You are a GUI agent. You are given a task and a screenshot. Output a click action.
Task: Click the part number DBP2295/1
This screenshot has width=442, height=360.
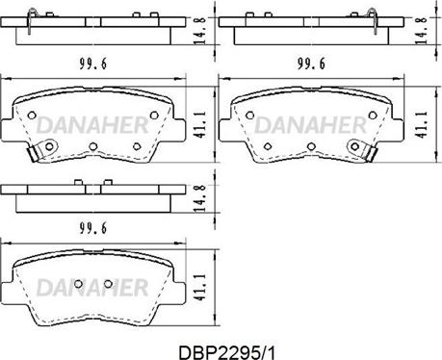[x=226, y=352]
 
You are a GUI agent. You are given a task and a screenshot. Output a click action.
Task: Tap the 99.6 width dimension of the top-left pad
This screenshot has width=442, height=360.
[x=92, y=64]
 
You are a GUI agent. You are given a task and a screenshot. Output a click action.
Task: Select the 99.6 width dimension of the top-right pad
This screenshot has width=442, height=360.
[x=311, y=64]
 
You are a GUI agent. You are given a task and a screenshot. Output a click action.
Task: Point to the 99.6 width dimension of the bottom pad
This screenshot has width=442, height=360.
[x=92, y=228]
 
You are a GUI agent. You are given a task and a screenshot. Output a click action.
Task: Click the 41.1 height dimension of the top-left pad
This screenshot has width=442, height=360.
[x=200, y=125]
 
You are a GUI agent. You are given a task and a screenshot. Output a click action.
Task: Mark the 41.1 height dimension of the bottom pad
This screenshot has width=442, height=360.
[x=200, y=287]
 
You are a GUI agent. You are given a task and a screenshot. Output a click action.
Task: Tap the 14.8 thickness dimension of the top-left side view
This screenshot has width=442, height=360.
[x=200, y=31]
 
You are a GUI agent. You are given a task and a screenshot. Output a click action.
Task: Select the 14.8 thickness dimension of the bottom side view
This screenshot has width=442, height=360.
[x=200, y=198]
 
